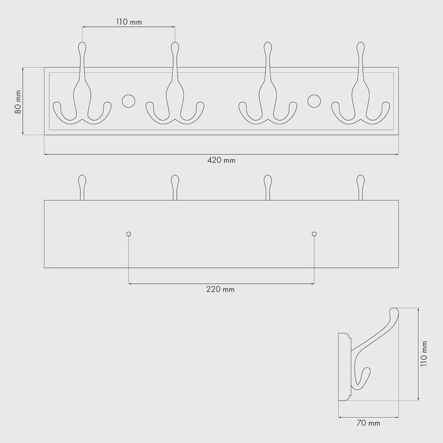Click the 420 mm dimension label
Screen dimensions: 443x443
click(221, 161)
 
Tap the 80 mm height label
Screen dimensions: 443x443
click(18, 102)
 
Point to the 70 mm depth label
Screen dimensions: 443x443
click(369, 423)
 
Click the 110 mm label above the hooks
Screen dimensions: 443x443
click(129, 22)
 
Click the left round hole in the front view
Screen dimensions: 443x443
click(129, 100)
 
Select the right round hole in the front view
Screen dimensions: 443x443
click(314, 100)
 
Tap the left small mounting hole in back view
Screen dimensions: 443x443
click(129, 234)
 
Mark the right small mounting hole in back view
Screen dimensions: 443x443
click(314, 234)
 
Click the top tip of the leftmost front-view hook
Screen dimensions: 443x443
click(82, 46)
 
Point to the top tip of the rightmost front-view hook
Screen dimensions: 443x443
click(360, 46)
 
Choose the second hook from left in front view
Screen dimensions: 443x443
click(175, 92)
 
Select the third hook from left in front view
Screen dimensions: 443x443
click(268, 92)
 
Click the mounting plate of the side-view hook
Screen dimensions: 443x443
click(344, 367)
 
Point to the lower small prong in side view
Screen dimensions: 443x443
click(364, 378)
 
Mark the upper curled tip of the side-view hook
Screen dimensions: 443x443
click(394, 314)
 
